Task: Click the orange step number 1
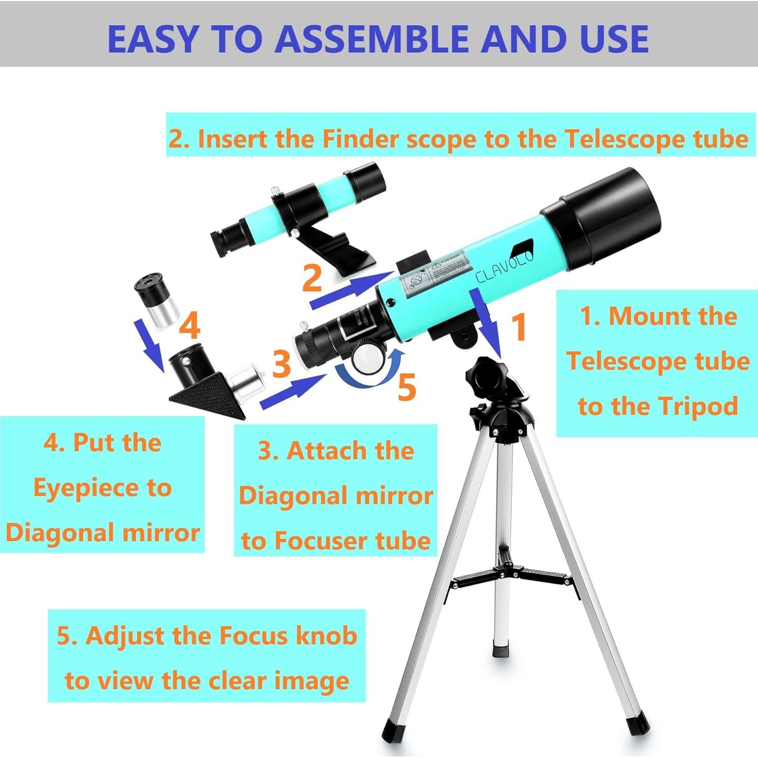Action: (520, 327)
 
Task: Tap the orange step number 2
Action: (312, 277)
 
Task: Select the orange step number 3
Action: (281, 363)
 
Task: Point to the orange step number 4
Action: (189, 325)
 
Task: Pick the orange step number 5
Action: (407, 387)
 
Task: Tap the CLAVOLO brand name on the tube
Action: (504, 266)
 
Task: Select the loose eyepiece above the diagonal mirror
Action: (157, 301)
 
